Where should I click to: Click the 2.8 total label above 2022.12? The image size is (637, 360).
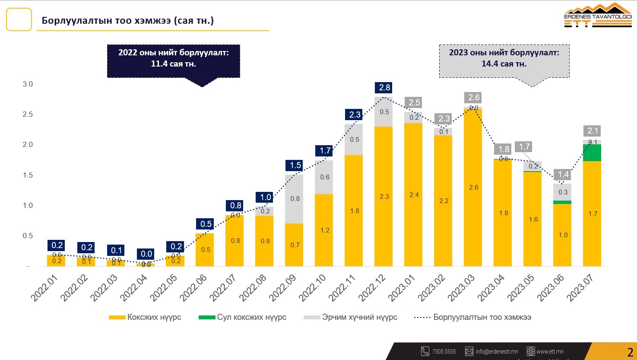[x=384, y=88]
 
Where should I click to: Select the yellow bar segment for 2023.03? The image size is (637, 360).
[x=473, y=187]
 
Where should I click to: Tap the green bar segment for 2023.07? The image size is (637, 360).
[x=593, y=153]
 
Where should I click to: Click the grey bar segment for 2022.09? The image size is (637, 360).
[x=294, y=199]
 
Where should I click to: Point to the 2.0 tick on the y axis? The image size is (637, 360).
[x=28, y=145]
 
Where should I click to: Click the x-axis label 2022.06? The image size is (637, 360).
[x=194, y=288]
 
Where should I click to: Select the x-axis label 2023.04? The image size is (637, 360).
[x=492, y=288]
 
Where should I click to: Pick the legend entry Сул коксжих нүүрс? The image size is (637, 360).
[x=242, y=317]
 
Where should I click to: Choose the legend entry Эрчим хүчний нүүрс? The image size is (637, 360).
[x=350, y=317]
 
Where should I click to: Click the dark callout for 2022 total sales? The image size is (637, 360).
[x=173, y=61]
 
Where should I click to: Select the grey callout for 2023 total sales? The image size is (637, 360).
[x=504, y=61]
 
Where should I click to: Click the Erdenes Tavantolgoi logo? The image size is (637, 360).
[x=598, y=16]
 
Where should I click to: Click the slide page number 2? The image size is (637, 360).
[x=630, y=351]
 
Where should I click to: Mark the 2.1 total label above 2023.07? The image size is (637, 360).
[x=593, y=131]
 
